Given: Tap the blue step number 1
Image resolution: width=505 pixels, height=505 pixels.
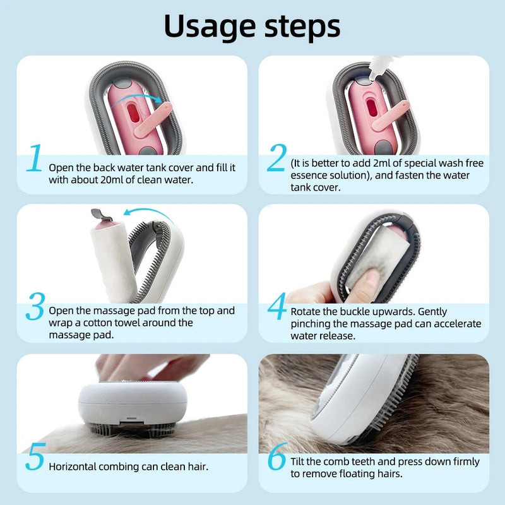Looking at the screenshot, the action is (x=34, y=158).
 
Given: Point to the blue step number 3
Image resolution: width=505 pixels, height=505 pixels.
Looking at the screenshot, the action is (x=35, y=306).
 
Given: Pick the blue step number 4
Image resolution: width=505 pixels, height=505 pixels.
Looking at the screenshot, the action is (x=277, y=306).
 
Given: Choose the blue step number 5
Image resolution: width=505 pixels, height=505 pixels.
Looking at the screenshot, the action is (x=35, y=456).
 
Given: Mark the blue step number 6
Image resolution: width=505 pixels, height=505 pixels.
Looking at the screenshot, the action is (x=277, y=456).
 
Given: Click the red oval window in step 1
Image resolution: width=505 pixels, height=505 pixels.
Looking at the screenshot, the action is (x=133, y=113).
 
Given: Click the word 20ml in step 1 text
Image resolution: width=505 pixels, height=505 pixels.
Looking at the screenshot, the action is (x=112, y=180).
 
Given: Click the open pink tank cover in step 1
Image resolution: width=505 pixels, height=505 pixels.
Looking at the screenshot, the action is (x=152, y=119).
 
